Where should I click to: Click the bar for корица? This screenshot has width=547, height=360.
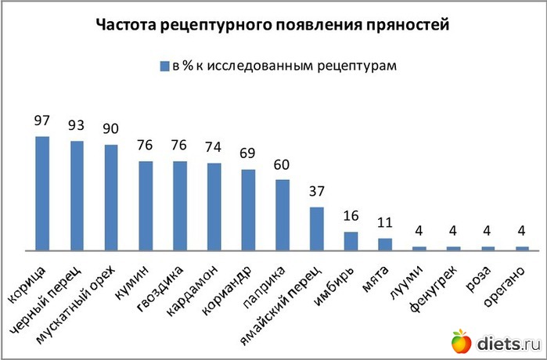[x=42, y=193]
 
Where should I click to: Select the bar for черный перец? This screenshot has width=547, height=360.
[x=77, y=195]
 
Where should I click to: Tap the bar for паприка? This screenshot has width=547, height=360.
[x=282, y=214]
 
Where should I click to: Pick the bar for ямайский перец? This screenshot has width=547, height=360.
[x=317, y=228]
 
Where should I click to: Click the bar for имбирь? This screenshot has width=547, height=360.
[x=351, y=240]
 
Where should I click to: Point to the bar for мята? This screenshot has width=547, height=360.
[x=385, y=243]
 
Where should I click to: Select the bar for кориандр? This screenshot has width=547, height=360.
[x=248, y=209]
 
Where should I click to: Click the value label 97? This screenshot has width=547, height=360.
[x=42, y=121]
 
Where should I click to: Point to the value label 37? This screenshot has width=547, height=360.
[x=317, y=193]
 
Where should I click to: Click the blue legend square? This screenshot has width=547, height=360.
[x=164, y=65]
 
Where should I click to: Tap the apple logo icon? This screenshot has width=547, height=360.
[x=461, y=341]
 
